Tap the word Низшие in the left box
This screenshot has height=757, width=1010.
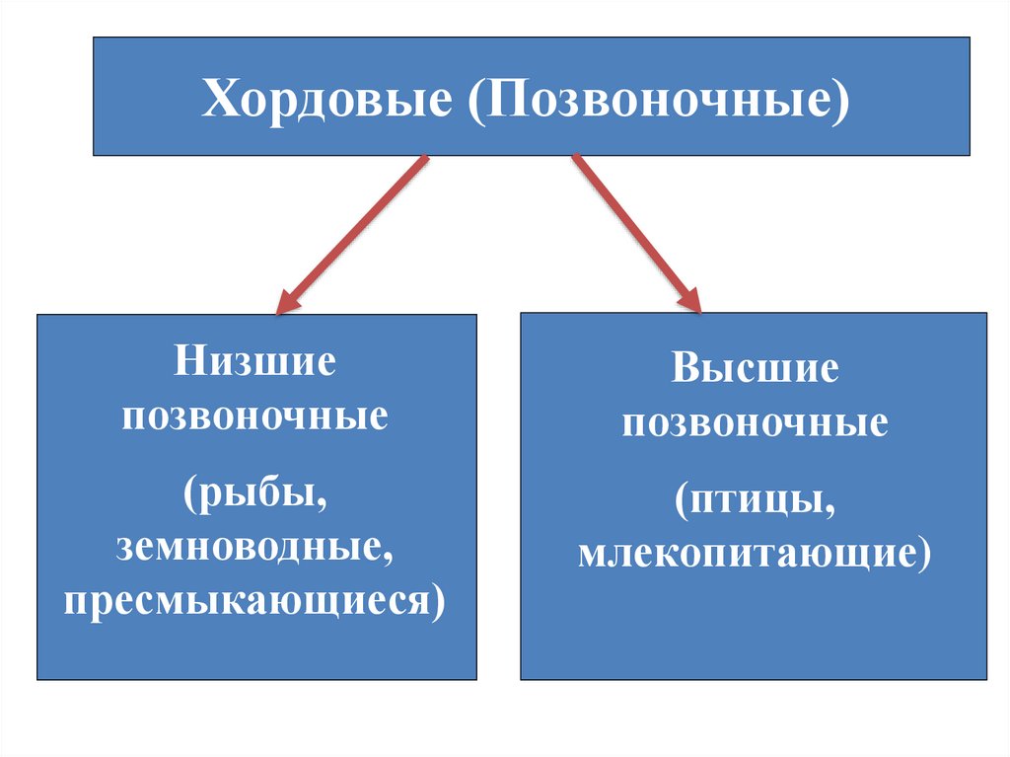(x=255, y=362)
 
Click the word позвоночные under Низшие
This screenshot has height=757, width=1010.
(x=255, y=416)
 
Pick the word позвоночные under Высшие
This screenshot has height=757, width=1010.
(x=755, y=425)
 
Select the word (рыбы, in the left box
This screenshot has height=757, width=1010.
(x=255, y=491)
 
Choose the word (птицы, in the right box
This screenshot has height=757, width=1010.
(x=755, y=499)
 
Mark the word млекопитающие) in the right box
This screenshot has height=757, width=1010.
(x=755, y=554)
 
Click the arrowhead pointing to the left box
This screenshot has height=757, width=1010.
(x=287, y=300)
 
